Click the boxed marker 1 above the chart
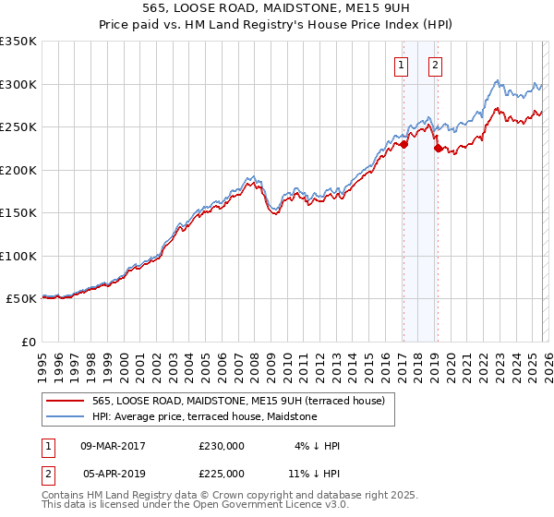(x=403, y=65)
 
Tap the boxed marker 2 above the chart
(x=435, y=65)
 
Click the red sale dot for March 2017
(x=403, y=144)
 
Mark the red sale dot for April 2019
(x=438, y=148)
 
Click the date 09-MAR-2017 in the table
(x=114, y=446)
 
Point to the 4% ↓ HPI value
(x=319, y=446)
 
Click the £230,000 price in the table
(x=222, y=446)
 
